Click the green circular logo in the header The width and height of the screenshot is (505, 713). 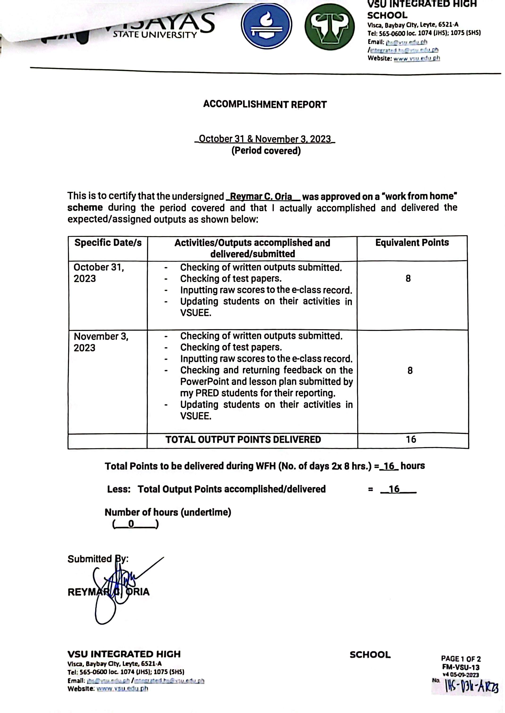pyautogui.click(x=329, y=27)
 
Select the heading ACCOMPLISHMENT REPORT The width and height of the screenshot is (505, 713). pyautogui.click(x=265, y=104)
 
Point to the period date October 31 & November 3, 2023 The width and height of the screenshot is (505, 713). pyautogui.click(x=265, y=139)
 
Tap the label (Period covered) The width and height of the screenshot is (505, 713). pyautogui.click(x=266, y=151)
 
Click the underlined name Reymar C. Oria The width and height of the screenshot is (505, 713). pyautogui.click(x=261, y=197)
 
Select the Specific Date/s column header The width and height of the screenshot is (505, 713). pyautogui.click(x=108, y=243)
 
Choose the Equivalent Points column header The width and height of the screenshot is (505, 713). pyautogui.click(x=412, y=243)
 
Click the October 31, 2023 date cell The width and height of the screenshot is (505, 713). pyautogui.click(x=99, y=273)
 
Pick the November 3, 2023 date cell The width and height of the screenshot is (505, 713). pyautogui.click(x=101, y=342)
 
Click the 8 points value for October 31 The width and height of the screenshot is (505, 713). pyautogui.click(x=408, y=279)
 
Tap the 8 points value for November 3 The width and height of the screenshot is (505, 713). pyautogui.click(x=410, y=370)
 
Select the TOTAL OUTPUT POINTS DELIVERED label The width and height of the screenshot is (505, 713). pyautogui.click(x=243, y=439)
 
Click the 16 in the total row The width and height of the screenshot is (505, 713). pyautogui.click(x=411, y=439)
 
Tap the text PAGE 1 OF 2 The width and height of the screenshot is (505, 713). pyautogui.click(x=461, y=659)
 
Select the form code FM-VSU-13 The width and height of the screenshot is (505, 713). pyautogui.click(x=461, y=667)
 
